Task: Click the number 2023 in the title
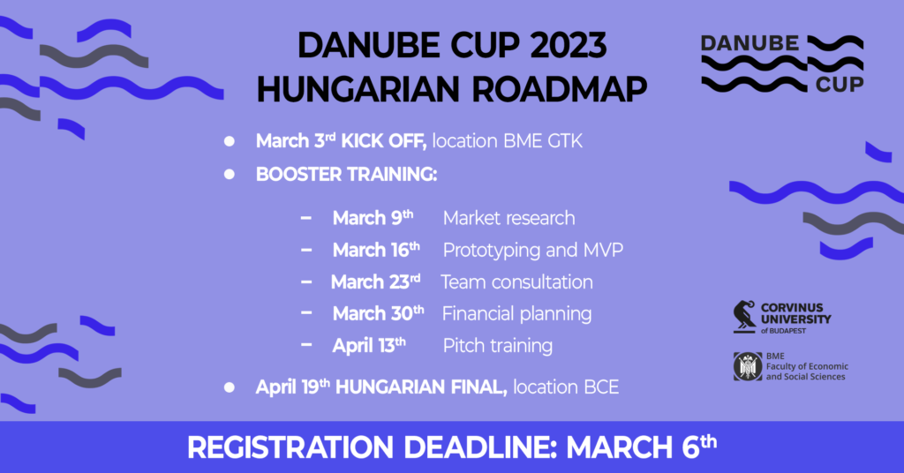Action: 568,46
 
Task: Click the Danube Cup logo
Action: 782,64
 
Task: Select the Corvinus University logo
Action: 782,318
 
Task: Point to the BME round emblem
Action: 748,366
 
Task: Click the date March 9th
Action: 373,218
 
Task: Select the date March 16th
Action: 376,250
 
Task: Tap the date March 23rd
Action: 375,282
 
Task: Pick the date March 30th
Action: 378,313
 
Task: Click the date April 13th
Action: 369,346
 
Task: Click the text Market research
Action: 509,218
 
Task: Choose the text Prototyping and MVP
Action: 533,251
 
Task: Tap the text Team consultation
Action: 517,282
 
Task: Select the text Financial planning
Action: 517,314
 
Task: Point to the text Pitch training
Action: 498,346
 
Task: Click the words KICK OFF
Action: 384,141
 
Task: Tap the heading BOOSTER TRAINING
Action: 346,174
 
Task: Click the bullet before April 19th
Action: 230,387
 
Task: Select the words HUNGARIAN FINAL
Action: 421,387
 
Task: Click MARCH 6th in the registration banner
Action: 642,447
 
